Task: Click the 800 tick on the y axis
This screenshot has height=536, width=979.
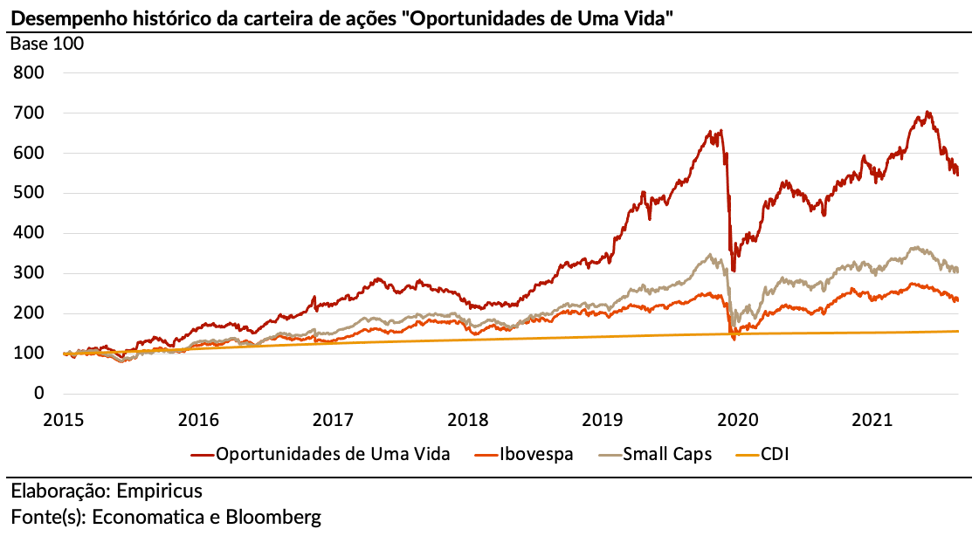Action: tap(29, 72)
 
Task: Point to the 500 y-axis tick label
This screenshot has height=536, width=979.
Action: tap(29, 193)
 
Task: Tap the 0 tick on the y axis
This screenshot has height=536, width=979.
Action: tap(39, 394)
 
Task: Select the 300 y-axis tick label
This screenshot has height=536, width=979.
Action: tap(29, 273)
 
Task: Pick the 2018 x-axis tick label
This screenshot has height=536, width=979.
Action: tap(467, 420)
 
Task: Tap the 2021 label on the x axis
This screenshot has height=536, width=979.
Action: tap(871, 420)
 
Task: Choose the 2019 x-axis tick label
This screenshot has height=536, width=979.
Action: tap(602, 420)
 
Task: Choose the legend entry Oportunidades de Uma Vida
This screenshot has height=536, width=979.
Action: tap(333, 454)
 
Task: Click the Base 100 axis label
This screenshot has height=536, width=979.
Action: tap(47, 44)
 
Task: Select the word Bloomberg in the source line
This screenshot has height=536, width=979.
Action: tap(273, 517)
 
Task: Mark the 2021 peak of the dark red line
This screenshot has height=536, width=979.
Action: tap(927, 113)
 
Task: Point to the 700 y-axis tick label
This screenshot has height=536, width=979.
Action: tap(29, 113)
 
